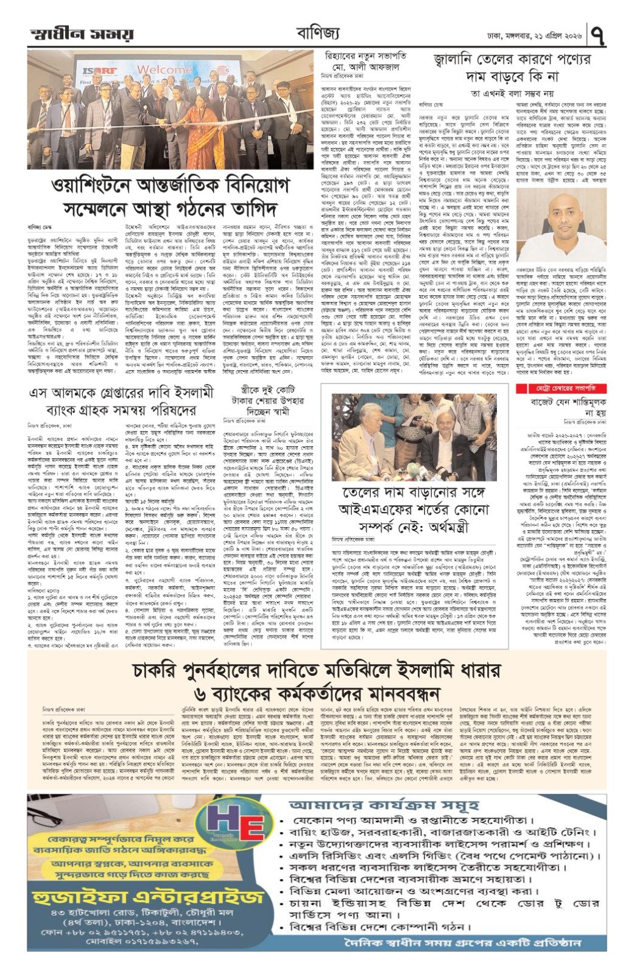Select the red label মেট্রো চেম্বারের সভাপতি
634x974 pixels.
coord(547,388)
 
